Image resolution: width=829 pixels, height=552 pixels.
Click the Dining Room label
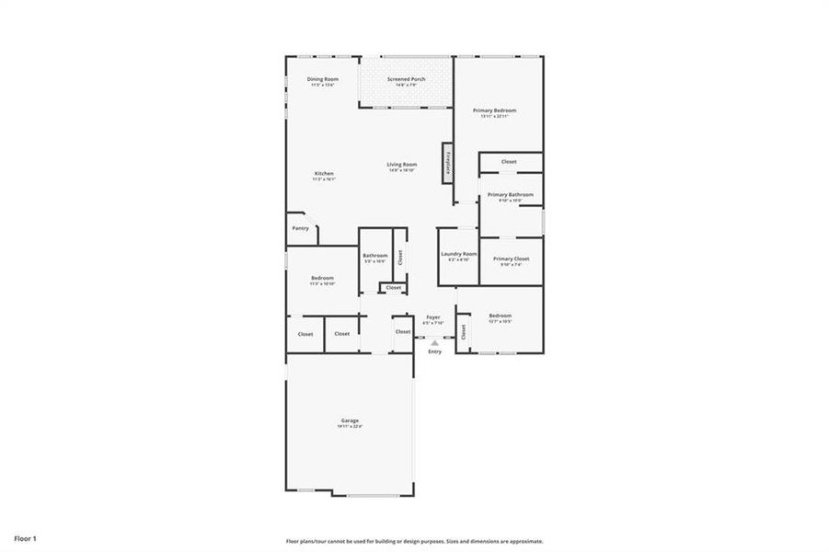point(322,80)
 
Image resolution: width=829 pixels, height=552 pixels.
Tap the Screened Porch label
point(406,80)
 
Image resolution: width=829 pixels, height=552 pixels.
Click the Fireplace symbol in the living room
point(448,163)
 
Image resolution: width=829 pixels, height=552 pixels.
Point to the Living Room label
point(402,165)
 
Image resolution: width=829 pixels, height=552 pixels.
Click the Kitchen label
point(324,174)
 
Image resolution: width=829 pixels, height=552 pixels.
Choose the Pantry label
point(300,228)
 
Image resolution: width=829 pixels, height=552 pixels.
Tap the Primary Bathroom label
point(510,195)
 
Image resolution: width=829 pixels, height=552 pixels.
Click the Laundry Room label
point(458,254)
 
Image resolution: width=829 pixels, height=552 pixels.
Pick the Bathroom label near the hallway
point(374,256)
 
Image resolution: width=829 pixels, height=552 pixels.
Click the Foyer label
point(432,318)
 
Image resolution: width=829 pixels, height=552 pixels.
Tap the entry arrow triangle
point(435,342)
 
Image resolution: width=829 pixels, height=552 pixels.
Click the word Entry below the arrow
point(435,351)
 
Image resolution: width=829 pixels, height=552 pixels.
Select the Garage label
point(350,421)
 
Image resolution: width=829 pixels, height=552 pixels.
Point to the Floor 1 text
point(25,537)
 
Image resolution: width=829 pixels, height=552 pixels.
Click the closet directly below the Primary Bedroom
point(509,162)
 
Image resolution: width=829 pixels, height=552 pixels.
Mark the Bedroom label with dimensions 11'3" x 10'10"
point(322,279)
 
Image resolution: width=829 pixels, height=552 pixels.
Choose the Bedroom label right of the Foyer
point(500,316)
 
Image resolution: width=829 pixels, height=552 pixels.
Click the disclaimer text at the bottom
point(414,541)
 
